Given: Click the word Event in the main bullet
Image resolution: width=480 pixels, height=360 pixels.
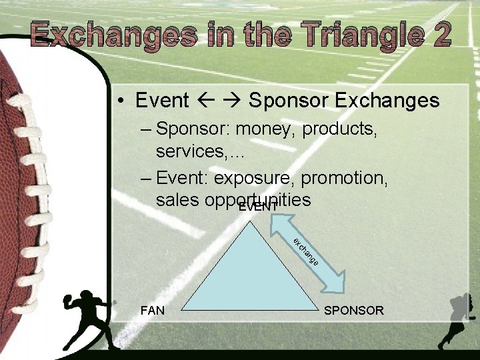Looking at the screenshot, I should [162, 101].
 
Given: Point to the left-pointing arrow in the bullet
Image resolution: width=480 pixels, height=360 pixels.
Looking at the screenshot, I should [206, 101].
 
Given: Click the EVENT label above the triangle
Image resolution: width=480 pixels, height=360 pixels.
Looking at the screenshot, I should [258, 207].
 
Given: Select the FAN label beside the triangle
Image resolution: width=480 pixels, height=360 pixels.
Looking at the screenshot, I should [153, 310].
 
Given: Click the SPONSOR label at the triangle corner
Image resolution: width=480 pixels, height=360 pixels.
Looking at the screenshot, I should [353, 310].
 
